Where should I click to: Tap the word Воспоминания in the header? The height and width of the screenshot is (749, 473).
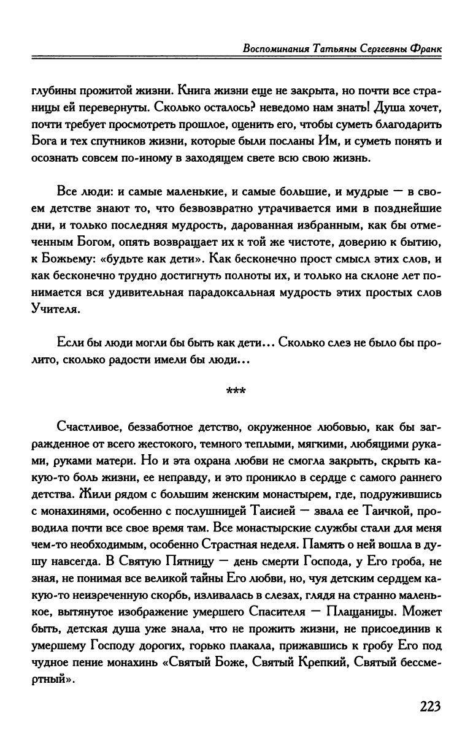(x=274, y=48)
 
